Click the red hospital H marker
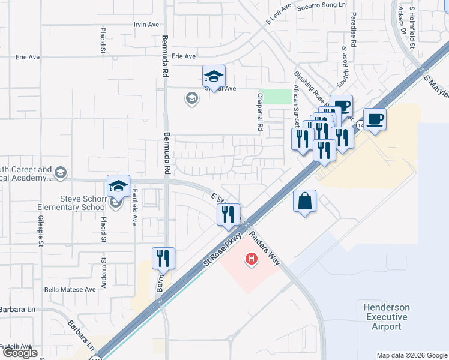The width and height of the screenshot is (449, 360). (x=252, y=259)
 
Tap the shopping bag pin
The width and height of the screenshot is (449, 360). (x=304, y=202)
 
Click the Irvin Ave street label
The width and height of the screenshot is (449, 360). (x=146, y=25)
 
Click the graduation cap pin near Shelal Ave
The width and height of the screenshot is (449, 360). (x=213, y=76)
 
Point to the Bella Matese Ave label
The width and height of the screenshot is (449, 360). (x=70, y=289)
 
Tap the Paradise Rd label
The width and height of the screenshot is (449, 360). (x=354, y=30)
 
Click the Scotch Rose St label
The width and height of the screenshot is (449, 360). (x=345, y=64)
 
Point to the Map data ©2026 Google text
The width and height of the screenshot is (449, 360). (x=411, y=355)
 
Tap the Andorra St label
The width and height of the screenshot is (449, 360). (x=103, y=274)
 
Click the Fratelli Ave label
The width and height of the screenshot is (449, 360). (x=16, y=346)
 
